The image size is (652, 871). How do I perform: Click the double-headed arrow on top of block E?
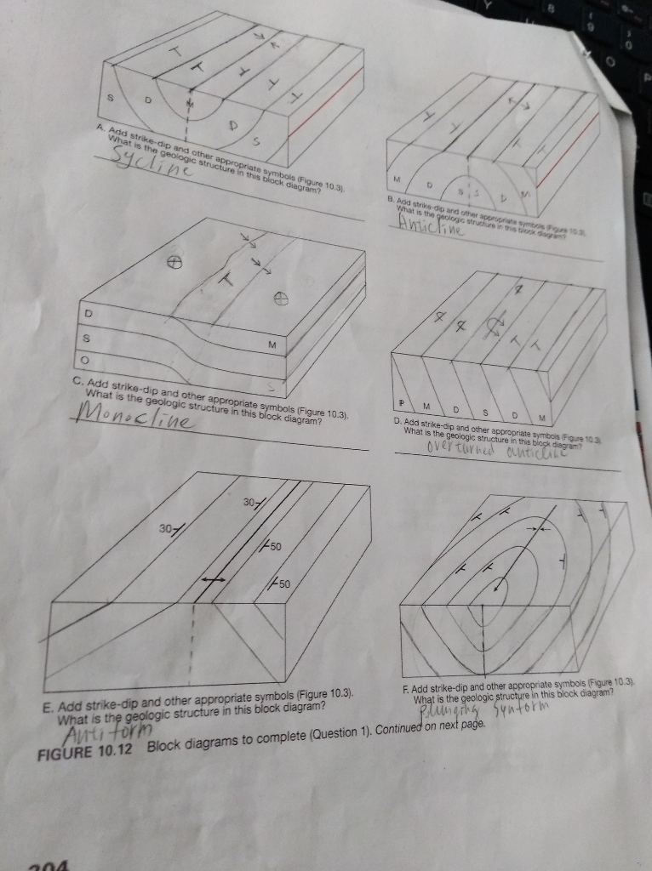[213, 578]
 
